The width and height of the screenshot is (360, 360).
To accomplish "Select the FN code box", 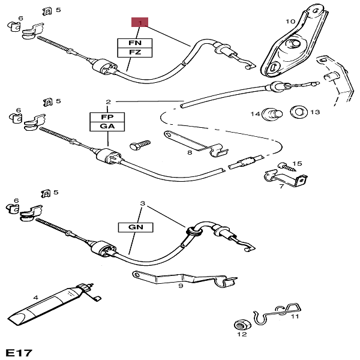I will [135, 43].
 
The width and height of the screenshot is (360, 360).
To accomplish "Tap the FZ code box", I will [135, 52].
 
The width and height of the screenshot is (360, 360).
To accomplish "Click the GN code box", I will [135, 228].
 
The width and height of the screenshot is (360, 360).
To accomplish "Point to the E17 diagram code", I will [19, 352].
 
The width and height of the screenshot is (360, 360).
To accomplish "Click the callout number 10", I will [290, 22].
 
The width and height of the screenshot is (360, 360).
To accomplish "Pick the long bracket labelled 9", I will [180, 279].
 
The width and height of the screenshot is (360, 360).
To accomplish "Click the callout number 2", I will [108, 102].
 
